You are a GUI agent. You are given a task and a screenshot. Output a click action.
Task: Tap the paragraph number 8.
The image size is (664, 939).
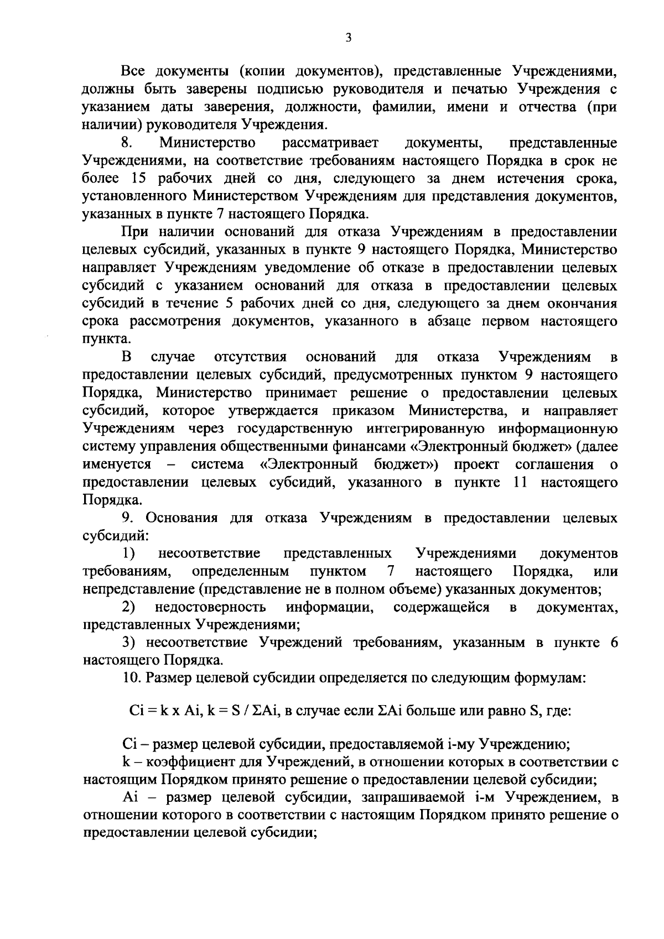pyautogui.click(x=126, y=143)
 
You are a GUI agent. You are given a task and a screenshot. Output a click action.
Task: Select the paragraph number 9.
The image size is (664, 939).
pyautogui.click(x=126, y=518)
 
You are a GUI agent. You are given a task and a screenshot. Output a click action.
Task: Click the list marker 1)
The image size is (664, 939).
pyautogui.click(x=128, y=554)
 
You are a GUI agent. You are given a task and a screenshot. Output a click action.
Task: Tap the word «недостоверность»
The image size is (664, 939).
pyautogui.click(x=210, y=607)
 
